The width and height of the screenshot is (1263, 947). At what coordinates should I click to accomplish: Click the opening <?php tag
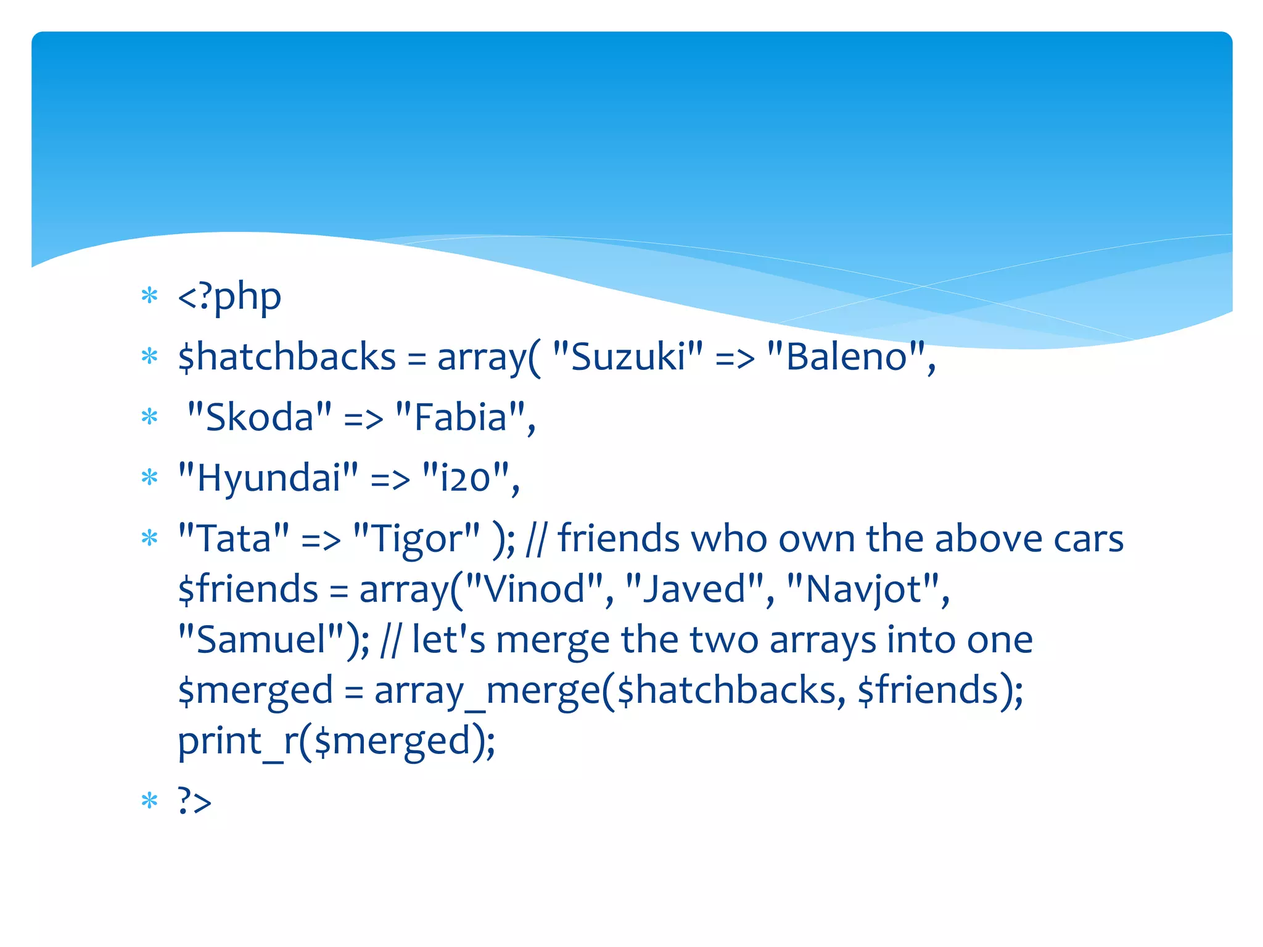pos(229,297)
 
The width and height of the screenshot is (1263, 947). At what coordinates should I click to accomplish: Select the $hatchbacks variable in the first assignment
pos(287,358)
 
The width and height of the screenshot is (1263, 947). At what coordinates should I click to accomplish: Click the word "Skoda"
pos(259,417)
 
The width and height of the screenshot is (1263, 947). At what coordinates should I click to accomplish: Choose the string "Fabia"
pos(460,417)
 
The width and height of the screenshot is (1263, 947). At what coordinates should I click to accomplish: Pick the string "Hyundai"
pos(268,478)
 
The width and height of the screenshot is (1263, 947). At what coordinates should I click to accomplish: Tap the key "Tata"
pos(234,538)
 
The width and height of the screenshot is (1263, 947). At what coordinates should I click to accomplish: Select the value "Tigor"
pos(416,538)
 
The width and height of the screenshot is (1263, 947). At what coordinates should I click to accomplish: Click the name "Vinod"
pos(533,589)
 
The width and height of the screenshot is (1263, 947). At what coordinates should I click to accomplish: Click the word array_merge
pos(487,691)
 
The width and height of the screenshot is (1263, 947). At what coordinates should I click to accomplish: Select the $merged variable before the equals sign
pos(255,691)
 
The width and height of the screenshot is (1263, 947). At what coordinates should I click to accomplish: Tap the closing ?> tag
pos(194,801)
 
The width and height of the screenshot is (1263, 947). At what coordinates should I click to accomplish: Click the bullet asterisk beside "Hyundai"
pos(150,477)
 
